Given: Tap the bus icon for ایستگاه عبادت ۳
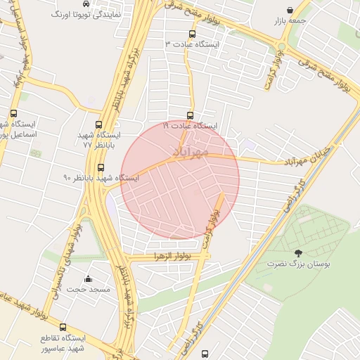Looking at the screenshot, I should pos(193,33).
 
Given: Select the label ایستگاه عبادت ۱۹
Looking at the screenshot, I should pos(190,126).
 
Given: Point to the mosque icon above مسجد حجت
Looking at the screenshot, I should pos(87,279).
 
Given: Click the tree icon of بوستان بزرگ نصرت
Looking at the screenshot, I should pos(300,254).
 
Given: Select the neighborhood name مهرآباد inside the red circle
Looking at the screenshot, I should pos(190,150).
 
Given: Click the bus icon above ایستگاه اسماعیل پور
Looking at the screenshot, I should pos(13,113).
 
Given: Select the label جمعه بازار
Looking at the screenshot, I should pos(291,21).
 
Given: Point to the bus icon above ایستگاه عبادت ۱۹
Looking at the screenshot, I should pos(190,115).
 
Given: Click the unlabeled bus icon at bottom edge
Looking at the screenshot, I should pos(205,354).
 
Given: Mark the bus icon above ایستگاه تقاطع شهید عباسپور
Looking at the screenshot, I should pos(63,328).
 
